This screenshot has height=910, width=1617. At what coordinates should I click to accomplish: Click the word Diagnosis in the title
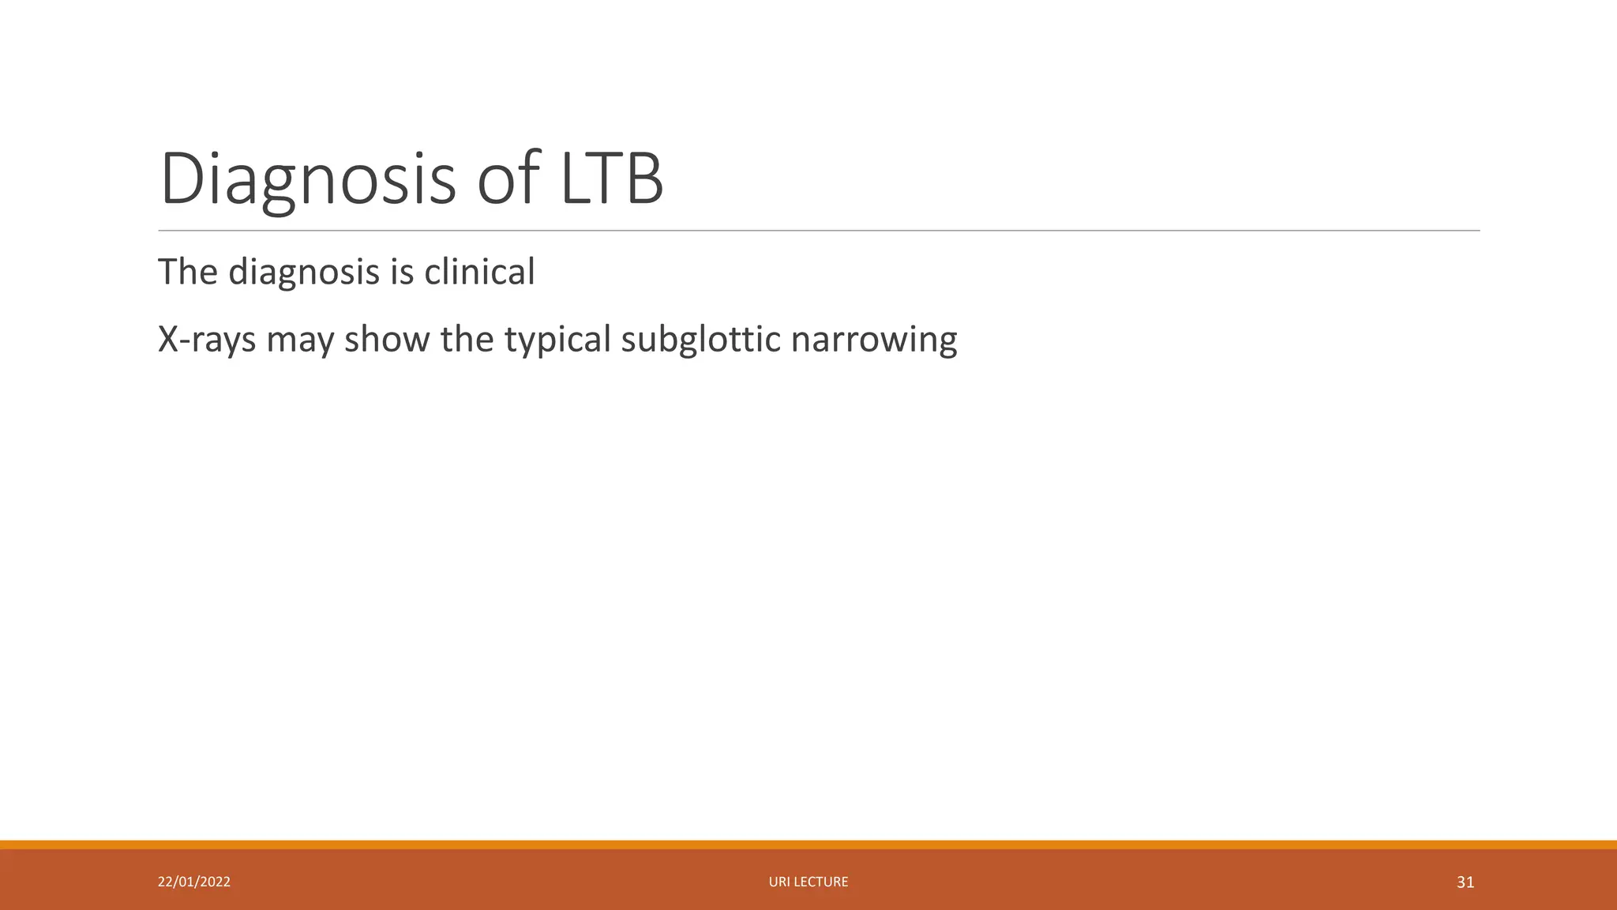pyautogui.click(x=308, y=180)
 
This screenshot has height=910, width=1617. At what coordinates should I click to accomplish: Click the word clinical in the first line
pyautogui.click(x=479, y=272)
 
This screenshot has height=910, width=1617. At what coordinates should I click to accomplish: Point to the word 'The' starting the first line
pyautogui.click(x=188, y=272)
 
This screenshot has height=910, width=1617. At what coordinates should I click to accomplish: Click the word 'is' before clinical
pyautogui.click(x=402, y=272)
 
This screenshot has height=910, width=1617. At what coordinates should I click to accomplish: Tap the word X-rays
pyautogui.click(x=207, y=340)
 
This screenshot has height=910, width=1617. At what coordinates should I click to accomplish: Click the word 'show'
pyautogui.click(x=387, y=340)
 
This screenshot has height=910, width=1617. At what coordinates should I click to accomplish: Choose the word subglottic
pyautogui.click(x=700, y=340)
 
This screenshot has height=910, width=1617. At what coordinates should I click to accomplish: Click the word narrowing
pyautogui.click(x=873, y=340)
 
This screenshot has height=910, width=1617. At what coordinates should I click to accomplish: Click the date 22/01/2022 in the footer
pyautogui.click(x=194, y=882)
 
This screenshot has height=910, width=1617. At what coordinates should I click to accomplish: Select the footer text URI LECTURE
pyautogui.click(x=808, y=882)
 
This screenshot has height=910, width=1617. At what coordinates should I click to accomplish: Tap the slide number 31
pyautogui.click(x=1465, y=882)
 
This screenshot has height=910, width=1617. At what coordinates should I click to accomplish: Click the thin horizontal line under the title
pyautogui.click(x=819, y=231)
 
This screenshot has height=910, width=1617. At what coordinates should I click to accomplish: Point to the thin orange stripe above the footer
pyautogui.click(x=808, y=844)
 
